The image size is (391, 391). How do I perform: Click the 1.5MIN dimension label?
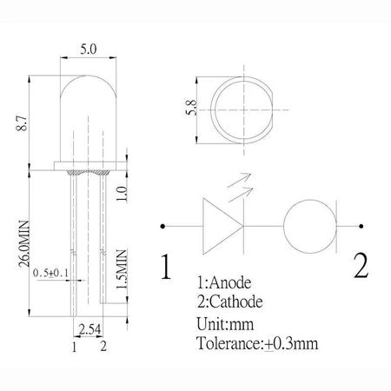123,270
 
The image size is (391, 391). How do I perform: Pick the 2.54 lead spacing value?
89,330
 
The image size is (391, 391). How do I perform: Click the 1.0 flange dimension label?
123,192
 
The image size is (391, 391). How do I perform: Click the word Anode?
240,283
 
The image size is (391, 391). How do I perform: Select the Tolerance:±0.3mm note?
258,343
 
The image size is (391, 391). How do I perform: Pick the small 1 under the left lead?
75,348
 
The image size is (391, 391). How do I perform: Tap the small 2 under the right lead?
103,348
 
